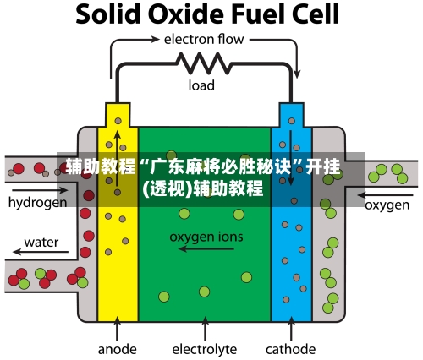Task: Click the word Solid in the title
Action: [x=108, y=14]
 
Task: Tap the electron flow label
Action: [x=204, y=39]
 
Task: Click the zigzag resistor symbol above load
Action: [x=204, y=63]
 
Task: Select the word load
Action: [x=201, y=85]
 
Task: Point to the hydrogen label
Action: [x=37, y=203]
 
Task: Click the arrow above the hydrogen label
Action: [x=39, y=190]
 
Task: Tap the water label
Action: [x=41, y=243]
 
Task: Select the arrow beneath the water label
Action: [x=41, y=251]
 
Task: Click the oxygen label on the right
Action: [x=387, y=205]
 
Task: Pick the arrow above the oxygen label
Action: [x=386, y=195]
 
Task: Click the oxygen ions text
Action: [x=206, y=237]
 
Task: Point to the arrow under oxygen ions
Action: [x=206, y=249]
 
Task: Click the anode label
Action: [x=118, y=350]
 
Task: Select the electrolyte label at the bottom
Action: [x=205, y=350]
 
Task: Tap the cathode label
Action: [x=290, y=350]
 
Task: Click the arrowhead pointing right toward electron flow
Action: [x=155, y=39]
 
